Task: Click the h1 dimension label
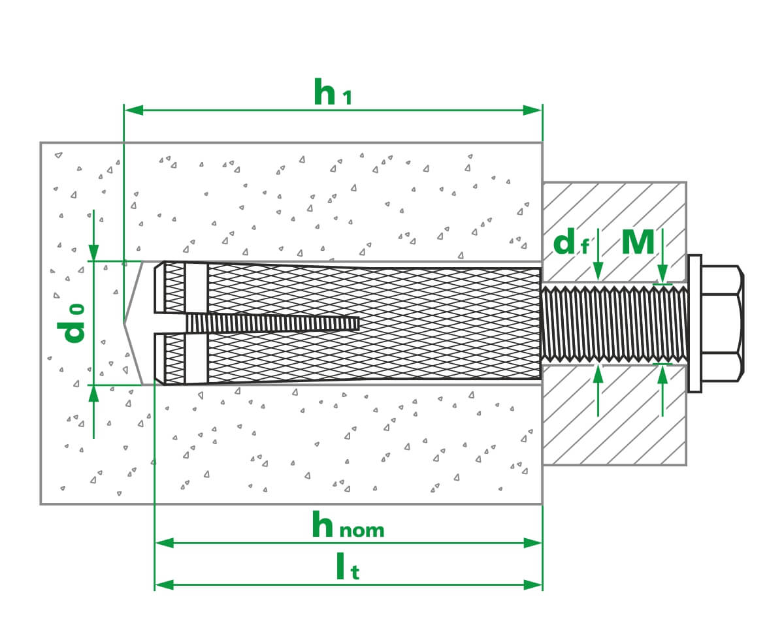pos(333,92)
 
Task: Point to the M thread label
pos(637,242)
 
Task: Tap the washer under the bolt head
pos(694,323)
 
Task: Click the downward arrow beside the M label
pos(662,274)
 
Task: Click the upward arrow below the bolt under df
pos(598,374)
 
